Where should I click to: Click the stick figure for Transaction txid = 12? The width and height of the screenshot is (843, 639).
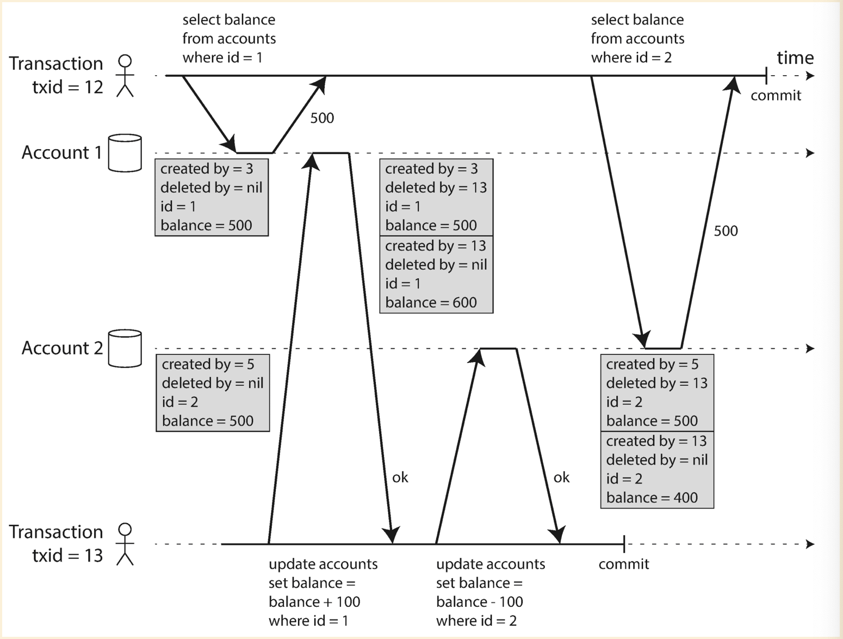pos(125,76)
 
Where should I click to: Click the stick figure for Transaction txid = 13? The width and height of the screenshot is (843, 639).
pos(125,544)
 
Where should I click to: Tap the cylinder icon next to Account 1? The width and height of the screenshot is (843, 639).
pos(125,153)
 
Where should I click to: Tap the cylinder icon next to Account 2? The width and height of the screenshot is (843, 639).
pos(125,348)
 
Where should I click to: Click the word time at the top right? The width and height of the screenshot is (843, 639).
pos(795,58)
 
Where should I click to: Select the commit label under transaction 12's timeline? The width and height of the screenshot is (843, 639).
pos(776,96)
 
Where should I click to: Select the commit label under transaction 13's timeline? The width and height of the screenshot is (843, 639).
pos(623,564)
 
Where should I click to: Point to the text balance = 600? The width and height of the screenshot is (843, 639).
pos(431,303)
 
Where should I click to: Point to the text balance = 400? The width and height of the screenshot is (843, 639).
pos(652,497)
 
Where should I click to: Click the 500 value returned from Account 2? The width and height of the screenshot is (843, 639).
pos(726,231)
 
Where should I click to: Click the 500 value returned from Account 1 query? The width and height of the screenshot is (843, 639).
pos(322,118)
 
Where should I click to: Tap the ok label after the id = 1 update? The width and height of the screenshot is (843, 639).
pos(400,477)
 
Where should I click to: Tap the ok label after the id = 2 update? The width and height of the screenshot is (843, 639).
pos(561,477)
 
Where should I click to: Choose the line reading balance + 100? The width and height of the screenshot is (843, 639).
pos(314,602)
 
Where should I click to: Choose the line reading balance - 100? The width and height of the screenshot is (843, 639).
pos(479,602)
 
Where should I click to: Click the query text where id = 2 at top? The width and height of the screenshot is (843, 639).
pos(631,58)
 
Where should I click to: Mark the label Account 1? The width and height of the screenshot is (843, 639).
pos(61,152)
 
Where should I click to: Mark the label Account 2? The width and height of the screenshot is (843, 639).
pos(62,348)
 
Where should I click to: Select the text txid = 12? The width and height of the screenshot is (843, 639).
pos(67,87)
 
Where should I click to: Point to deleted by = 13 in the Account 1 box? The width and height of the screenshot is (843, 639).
pos(436,188)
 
